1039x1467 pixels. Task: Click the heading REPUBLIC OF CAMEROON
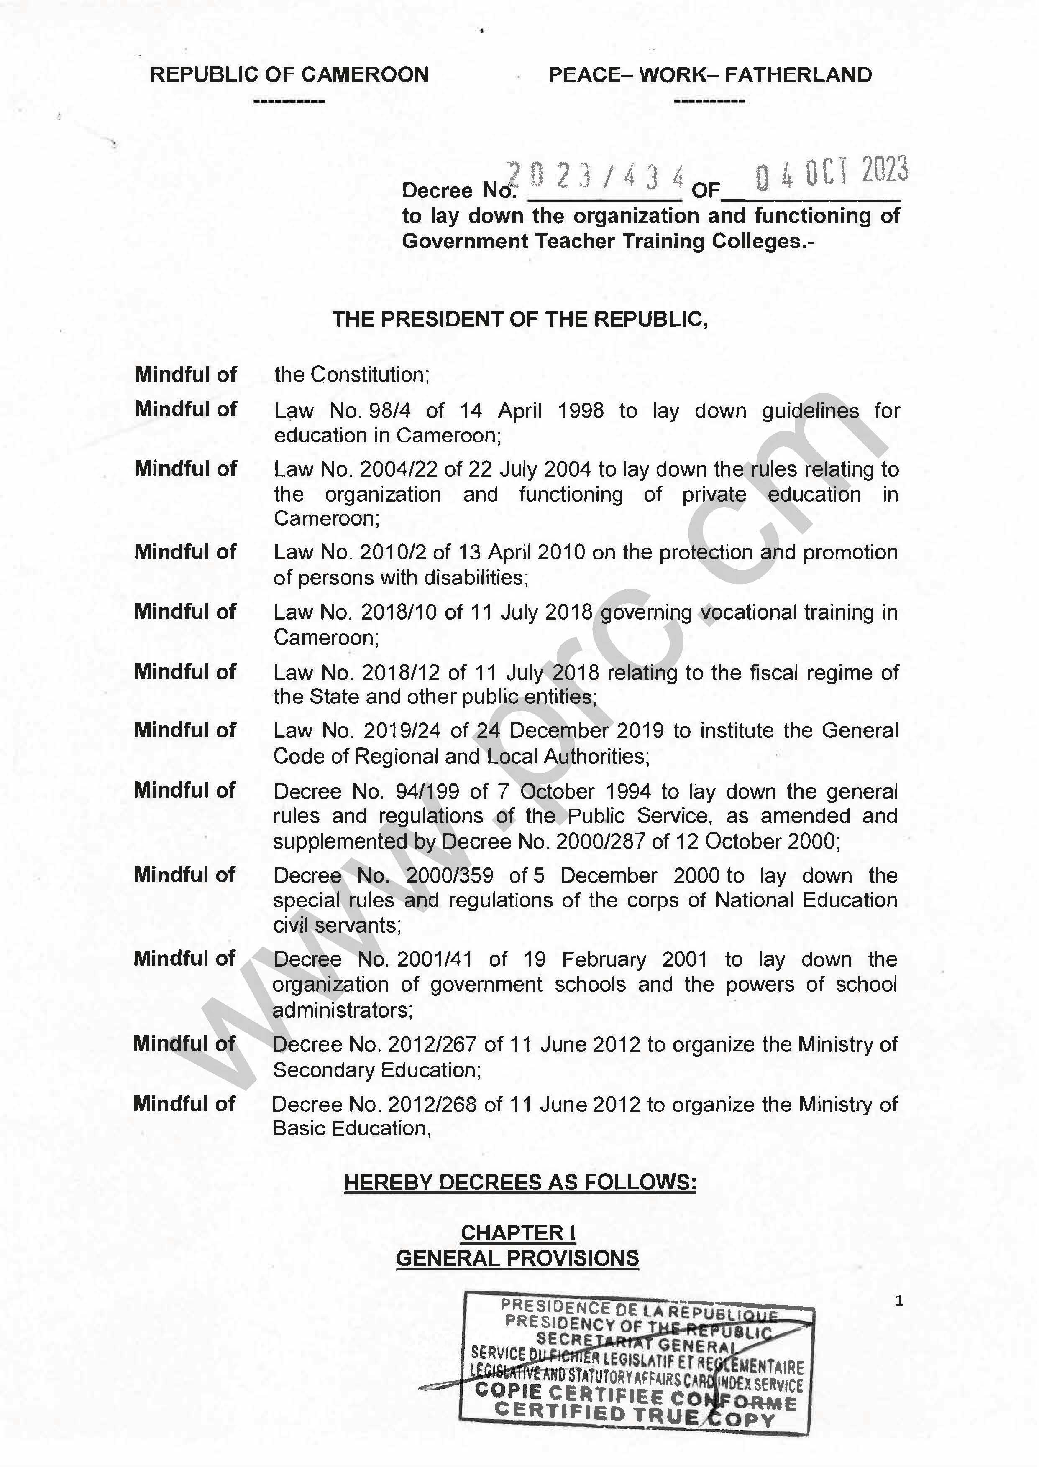(289, 75)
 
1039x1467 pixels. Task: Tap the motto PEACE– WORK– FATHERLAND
(709, 75)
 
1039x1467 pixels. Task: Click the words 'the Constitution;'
(352, 375)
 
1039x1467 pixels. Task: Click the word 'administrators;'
(342, 1010)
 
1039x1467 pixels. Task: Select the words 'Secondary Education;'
(377, 1070)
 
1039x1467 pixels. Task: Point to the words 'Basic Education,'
(352, 1129)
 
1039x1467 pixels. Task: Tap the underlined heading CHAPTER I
(518, 1233)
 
